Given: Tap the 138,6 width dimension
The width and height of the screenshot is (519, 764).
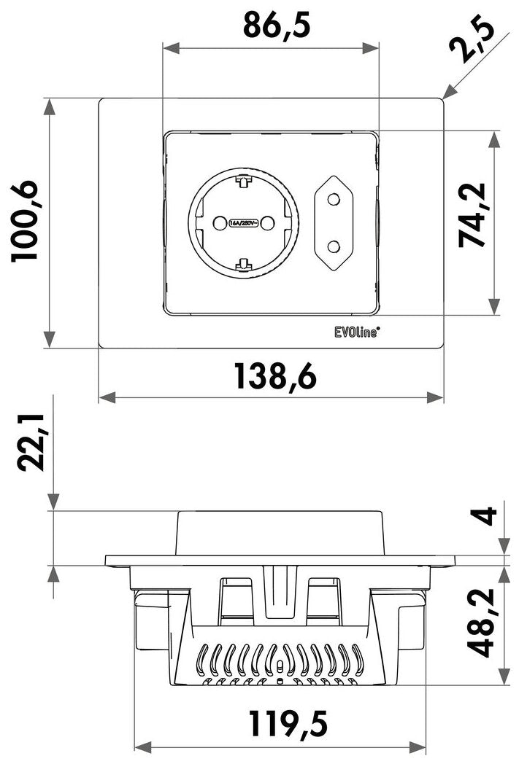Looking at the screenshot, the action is [276, 376].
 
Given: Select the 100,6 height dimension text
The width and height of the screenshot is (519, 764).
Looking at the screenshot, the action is [24, 221].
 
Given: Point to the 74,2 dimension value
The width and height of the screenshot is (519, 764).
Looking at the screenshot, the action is [472, 215].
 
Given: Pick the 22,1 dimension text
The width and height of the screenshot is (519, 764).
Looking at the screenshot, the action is [31, 443].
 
